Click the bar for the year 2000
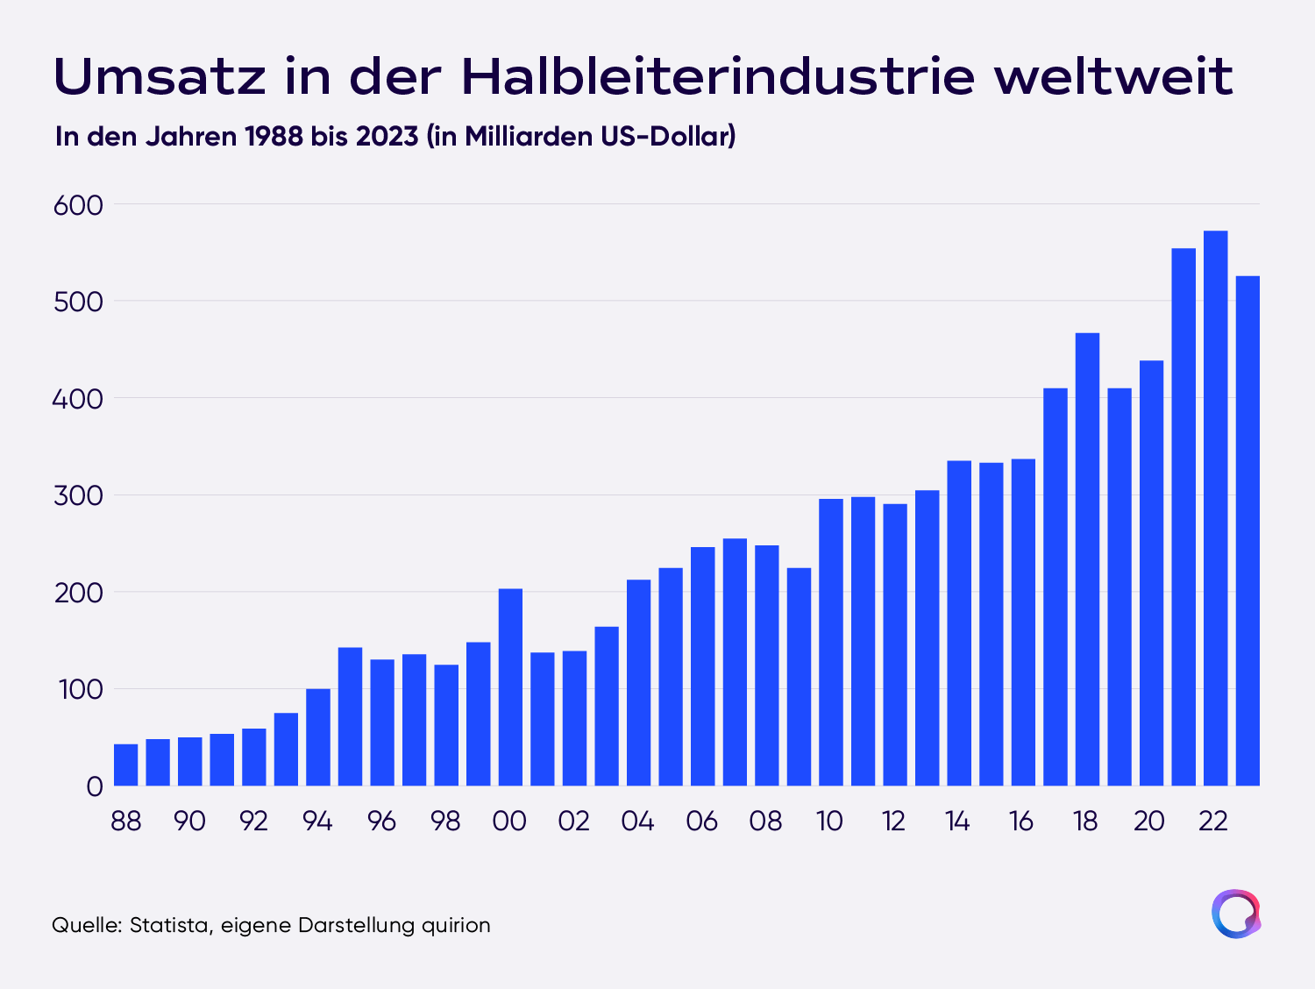(x=510, y=687)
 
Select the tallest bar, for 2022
(x=1216, y=508)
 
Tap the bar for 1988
(x=126, y=765)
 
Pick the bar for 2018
(x=1087, y=559)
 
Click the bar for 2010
(x=831, y=642)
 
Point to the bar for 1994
(x=318, y=737)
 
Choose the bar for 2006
(x=703, y=666)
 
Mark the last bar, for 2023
(x=1247, y=530)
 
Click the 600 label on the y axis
(x=78, y=205)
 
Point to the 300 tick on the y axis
(x=78, y=496)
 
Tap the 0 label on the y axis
(x=95, y=787)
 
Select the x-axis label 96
(x=381, y=822)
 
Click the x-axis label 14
(x=957, y=822)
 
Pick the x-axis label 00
(x=509, y=822)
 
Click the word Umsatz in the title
(x=160, y=76)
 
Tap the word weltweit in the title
(x=1113, y=76)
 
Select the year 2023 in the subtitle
(x=387, y=137)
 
